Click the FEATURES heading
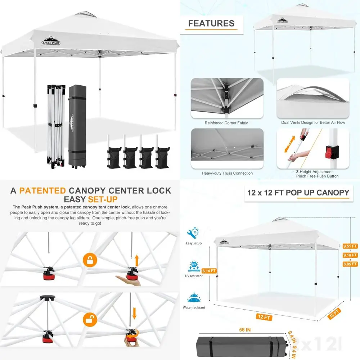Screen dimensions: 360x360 click(211, 24)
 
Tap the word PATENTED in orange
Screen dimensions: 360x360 click(42, 191)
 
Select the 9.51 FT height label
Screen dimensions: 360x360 click(350, 246)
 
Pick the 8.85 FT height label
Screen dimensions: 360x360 click(350, 264)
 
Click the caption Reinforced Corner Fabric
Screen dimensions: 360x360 click(226, 123)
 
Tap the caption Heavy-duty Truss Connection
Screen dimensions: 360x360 click(227, 173)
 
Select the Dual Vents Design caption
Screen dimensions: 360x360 click(313, 123)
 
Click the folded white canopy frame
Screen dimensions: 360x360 click(56, 126)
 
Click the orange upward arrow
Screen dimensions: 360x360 click(136, 260)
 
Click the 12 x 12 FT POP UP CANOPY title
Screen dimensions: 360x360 click(298, 193)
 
